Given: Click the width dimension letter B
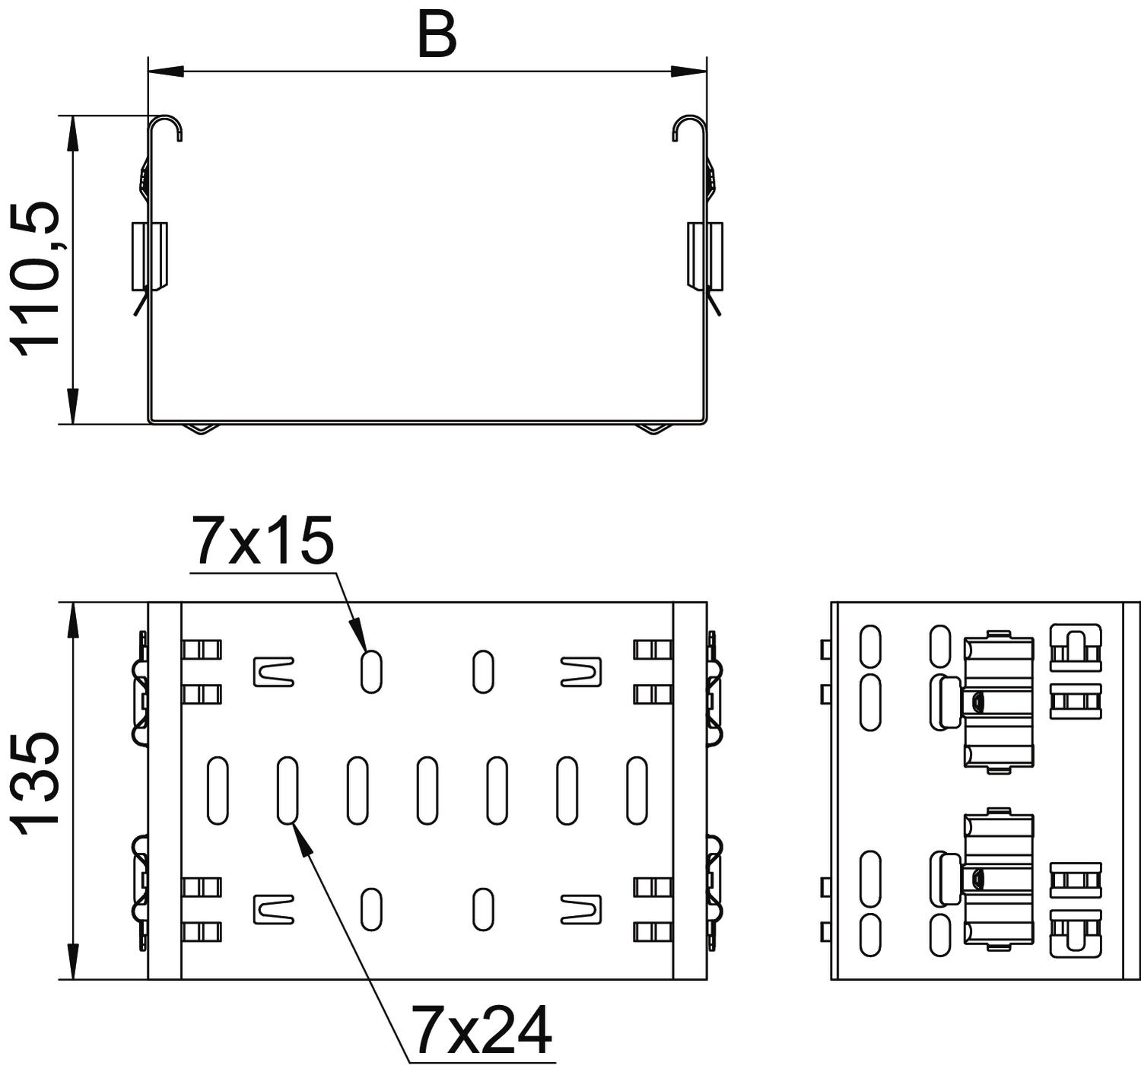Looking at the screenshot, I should coord(437,36).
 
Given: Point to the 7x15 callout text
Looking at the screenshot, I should coord(262,540).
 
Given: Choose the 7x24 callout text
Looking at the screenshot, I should coord(480,1032).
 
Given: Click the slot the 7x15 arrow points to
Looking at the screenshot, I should coord(371,672).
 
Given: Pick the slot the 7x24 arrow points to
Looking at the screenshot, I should coord(288,790).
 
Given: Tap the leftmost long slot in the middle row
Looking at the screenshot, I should coord(217,790).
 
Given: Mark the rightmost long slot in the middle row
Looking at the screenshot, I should coord(637,790).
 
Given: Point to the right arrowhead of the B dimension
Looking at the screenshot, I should coord(688,72).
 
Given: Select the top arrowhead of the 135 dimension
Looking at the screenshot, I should coord(73,620).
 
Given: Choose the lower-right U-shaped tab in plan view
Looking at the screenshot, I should coord(581,909).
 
